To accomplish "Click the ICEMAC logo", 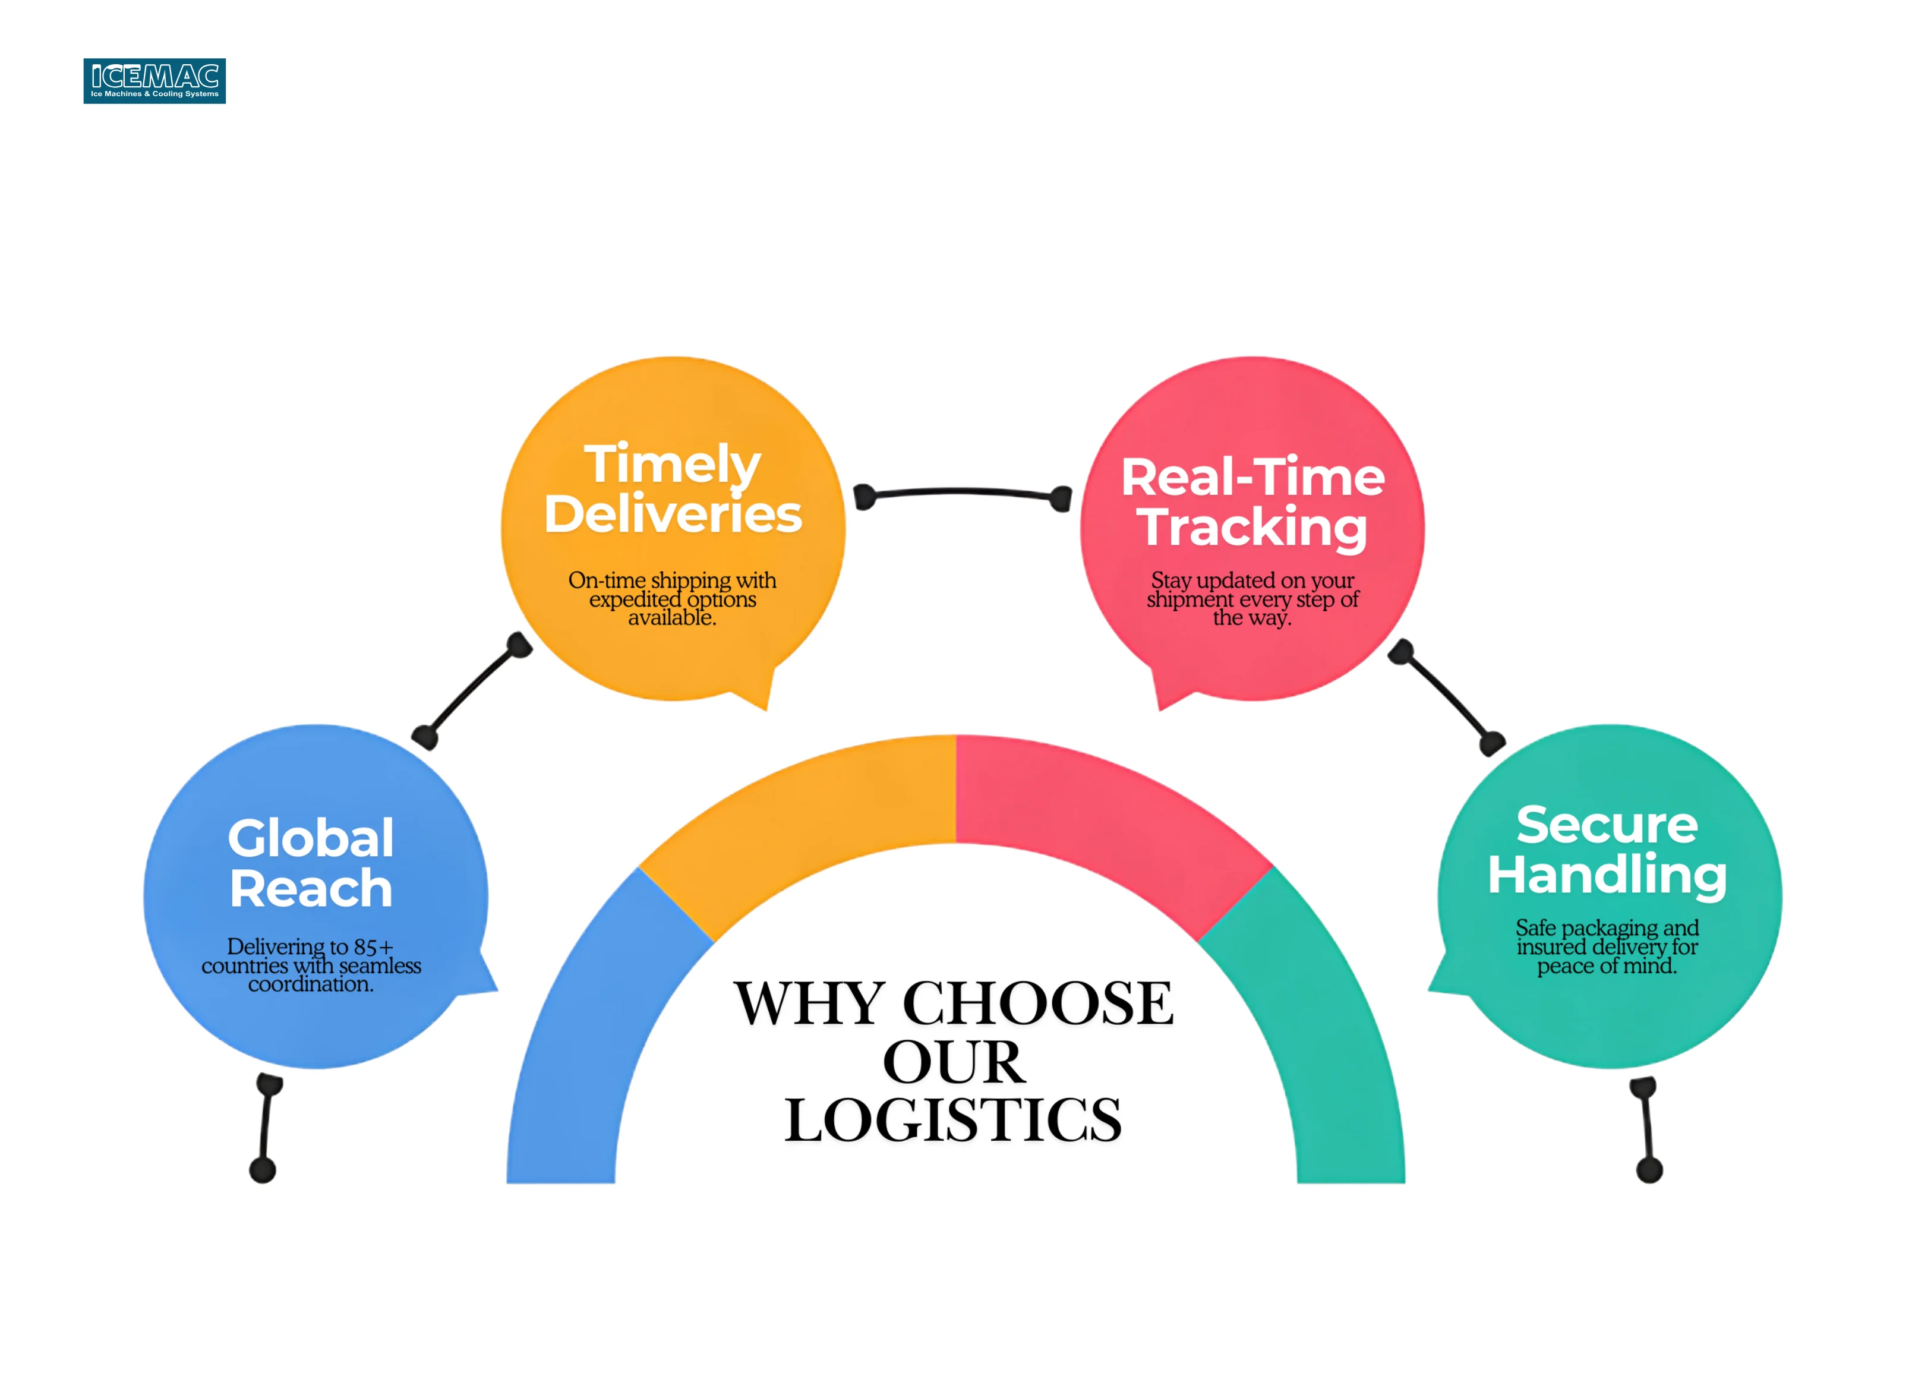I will point(154,81).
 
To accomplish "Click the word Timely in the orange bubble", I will point(672,465).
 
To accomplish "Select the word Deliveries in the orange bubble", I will point(673,515).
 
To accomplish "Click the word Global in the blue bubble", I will point(311,839).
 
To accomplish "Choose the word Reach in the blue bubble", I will point(311,889).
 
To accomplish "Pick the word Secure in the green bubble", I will point(1607,825).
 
